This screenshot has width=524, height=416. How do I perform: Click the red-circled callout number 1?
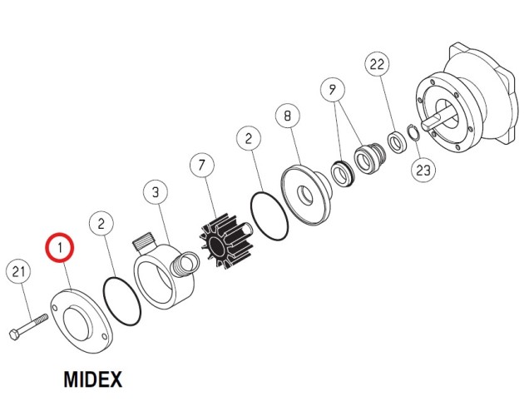coord(60,248)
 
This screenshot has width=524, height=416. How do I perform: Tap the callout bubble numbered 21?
coord(18,271)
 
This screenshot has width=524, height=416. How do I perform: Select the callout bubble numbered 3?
coord(156,192)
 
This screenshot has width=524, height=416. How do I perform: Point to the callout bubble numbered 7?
coord(201,166)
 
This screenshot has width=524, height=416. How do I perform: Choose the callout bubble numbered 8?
coord(288,116)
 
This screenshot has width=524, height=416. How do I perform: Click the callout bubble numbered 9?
coord(332,90)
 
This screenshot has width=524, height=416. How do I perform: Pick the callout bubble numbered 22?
coord(377,64)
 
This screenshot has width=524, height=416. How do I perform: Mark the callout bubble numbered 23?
coord(423,170)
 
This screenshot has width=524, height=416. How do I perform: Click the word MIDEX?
coord(92,379)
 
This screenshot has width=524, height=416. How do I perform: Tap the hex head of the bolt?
coord(14,334)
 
